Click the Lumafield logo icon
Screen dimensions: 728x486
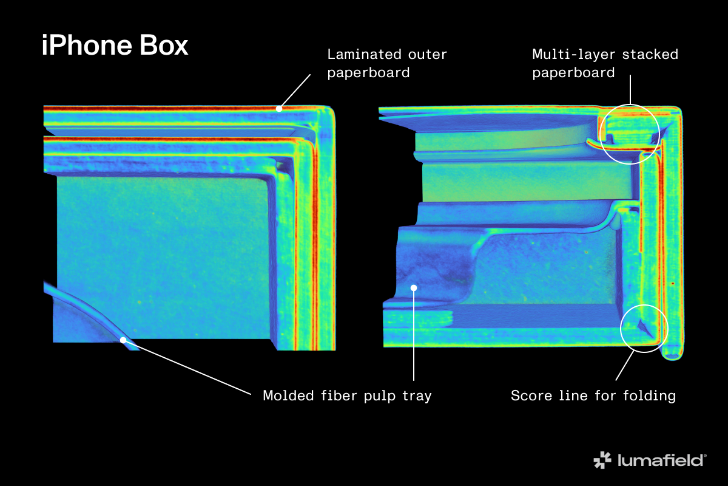pos(602,460)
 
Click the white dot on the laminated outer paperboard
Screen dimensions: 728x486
pos(279,109)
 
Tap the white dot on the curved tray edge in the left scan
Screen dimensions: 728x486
pos(123,340)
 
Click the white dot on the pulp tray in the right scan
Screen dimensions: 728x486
pos(413,287)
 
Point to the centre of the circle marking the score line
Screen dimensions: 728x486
pos(644,328)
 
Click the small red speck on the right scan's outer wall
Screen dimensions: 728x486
pos(673,284)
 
